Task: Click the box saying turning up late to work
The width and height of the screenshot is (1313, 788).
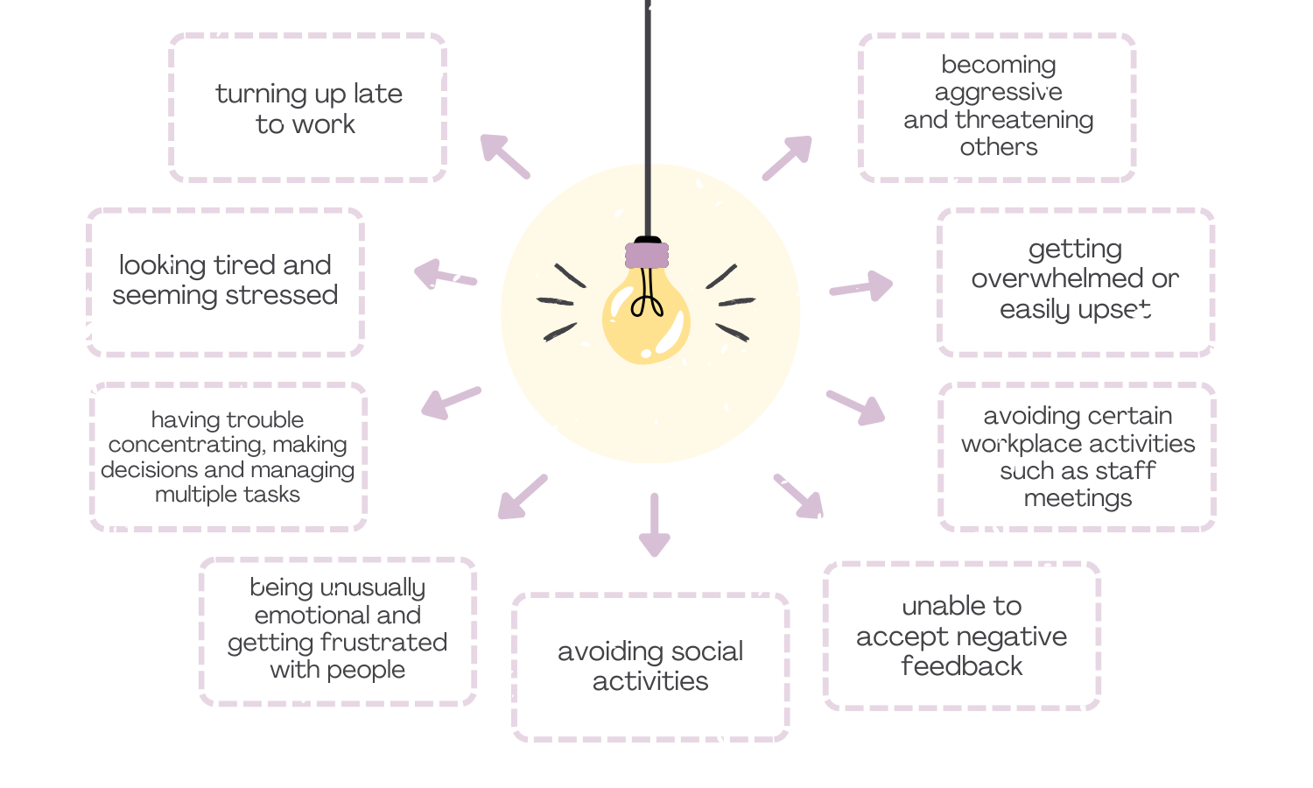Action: click(308, 108)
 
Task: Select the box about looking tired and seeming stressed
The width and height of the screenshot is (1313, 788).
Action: click(225, 281)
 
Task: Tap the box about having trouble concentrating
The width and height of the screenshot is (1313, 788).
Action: click(228, 456)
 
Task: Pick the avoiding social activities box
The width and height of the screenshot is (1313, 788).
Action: click(650, 666)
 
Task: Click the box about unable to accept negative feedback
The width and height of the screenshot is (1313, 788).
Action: click(961, 636)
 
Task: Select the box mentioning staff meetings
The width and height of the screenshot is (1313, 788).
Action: click(1078, 456)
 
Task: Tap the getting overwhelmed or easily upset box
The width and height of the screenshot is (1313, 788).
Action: click(1075, 280)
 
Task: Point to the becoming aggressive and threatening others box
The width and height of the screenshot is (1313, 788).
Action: click(998, 107)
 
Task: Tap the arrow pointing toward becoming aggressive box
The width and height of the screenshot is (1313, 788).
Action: click(788, 157)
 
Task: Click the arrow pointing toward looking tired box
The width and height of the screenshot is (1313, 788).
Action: click(444, 275)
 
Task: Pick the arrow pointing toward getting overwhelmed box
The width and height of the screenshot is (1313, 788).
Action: click(862, 286)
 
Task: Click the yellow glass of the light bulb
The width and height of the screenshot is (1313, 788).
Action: click(646, 328)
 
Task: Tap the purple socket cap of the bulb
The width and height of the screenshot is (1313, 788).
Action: click(647, 255)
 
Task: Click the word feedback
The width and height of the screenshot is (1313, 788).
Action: click(961, 666)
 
